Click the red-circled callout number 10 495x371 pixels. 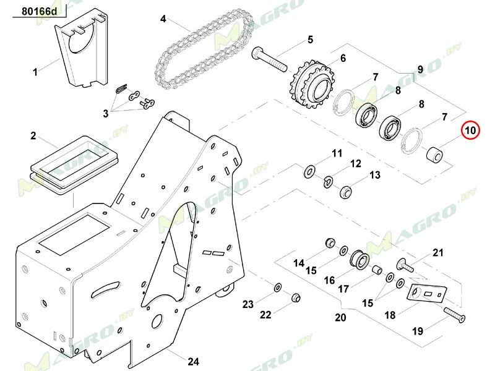click(470, 130)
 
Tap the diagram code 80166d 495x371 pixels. click(39, 11)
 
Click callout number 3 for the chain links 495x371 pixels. click(106, 113)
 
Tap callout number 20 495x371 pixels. click(340, 318)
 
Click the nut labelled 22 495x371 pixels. click(296, 298)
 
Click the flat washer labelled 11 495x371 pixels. click(308, 169)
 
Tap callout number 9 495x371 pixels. click(420, 69)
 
